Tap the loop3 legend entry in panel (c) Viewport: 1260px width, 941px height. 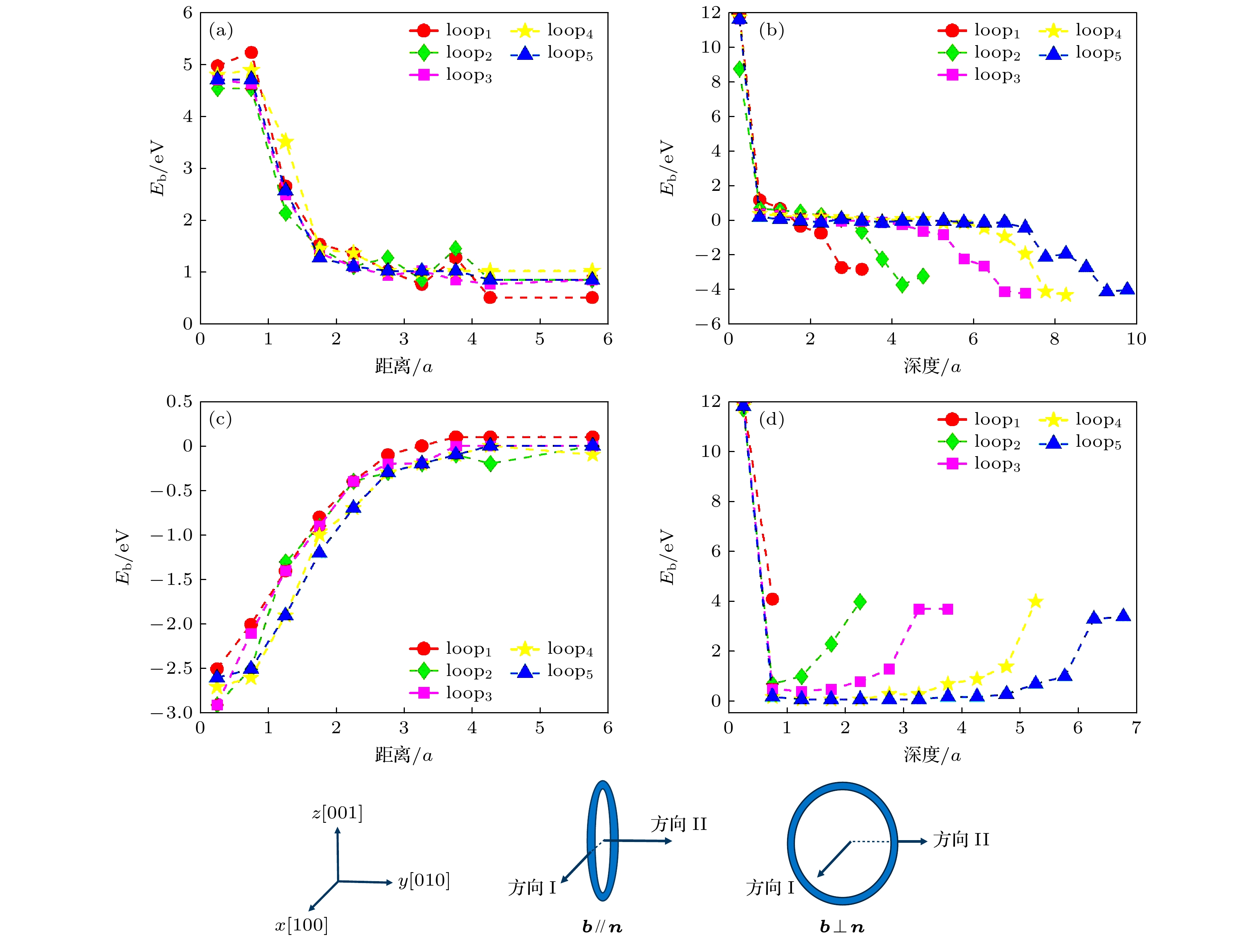point(450,693)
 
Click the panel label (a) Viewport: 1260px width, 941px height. point(221,30)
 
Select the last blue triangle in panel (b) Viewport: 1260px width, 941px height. point(1127,289)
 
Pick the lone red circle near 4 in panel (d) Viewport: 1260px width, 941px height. point(772,599)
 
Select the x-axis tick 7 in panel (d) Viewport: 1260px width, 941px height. point(1136,728)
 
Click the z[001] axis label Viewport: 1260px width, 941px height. point(337,812)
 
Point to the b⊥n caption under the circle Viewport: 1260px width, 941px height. point(842,927)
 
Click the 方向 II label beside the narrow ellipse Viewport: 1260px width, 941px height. point(679,824)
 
